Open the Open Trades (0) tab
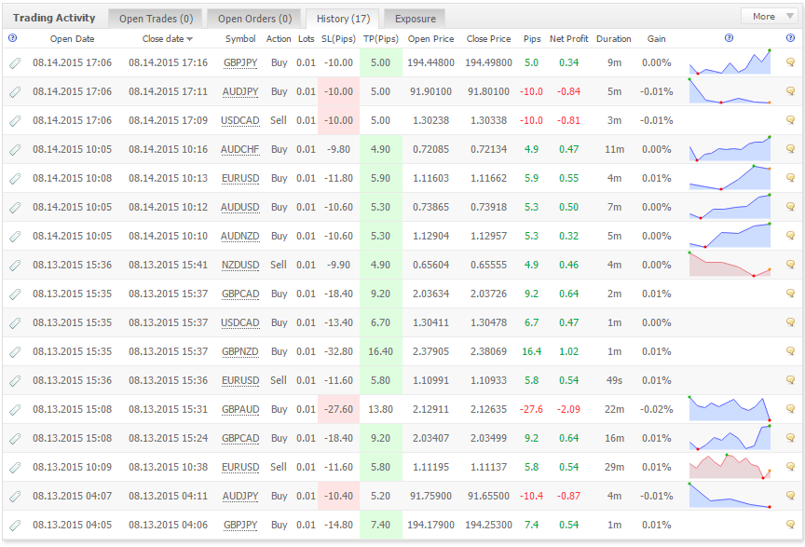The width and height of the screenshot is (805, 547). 157,19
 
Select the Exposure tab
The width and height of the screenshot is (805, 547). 415,19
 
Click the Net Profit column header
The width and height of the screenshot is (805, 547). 569,38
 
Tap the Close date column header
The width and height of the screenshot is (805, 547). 168,38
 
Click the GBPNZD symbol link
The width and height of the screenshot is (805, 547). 239,352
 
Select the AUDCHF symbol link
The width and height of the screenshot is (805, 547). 239,149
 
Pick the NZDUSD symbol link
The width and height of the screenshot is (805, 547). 239,265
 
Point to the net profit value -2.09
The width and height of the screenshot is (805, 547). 569,409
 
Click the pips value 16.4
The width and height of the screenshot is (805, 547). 531,352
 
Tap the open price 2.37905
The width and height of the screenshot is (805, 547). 430,352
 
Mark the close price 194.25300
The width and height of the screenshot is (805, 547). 489,525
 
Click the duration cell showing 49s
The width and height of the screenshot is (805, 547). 614,380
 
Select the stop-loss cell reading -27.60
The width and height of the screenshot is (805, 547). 339,409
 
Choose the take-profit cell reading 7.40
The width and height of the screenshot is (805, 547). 380,525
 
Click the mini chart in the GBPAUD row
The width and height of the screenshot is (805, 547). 730,409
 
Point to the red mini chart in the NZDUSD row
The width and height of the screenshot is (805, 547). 730,265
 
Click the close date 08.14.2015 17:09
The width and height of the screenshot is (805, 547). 169,121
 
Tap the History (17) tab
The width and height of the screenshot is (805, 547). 343,19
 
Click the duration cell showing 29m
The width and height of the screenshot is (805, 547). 614,468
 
